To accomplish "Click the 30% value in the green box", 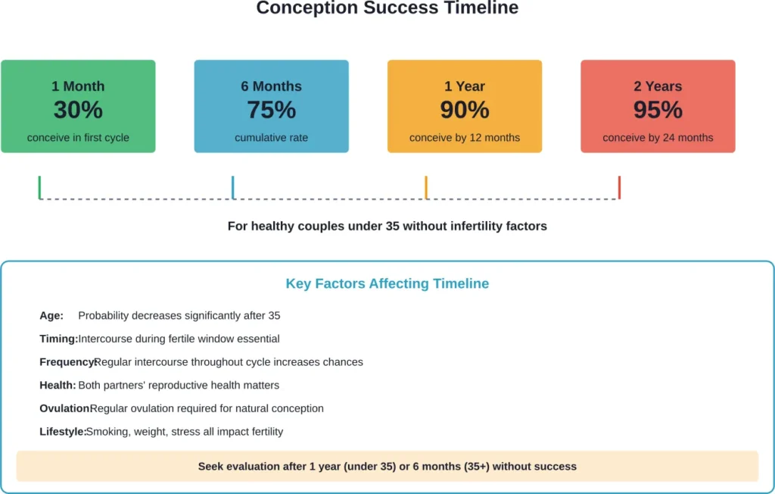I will [x=78, y=111].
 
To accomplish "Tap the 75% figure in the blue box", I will [x=271, y=111].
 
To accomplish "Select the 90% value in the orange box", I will [x=465, y=111].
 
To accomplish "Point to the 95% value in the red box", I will [x=658, y=111].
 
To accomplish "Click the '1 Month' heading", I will [x=78, y=86].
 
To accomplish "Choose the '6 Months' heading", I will [x=271, y=86].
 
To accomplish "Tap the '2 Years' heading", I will [x=658, y=86].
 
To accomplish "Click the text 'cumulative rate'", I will [x=271, y=138].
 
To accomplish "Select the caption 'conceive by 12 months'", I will [x=465, y=138].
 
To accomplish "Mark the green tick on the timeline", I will [x=39, y=187].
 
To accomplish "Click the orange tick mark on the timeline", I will [x=426, y=187].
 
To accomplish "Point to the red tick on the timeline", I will [x=619, y=187].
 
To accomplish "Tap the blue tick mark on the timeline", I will [x=233, y=187].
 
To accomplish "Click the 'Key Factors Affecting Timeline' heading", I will [x=387, y=284].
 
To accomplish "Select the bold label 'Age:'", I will [x=51, y=316].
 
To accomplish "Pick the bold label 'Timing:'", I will [x=58, y=339].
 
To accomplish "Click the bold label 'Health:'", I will [x=58, y=386].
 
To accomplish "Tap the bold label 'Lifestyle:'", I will [x=62, y=432].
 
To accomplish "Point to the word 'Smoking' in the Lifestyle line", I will [x=107, y=432].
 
